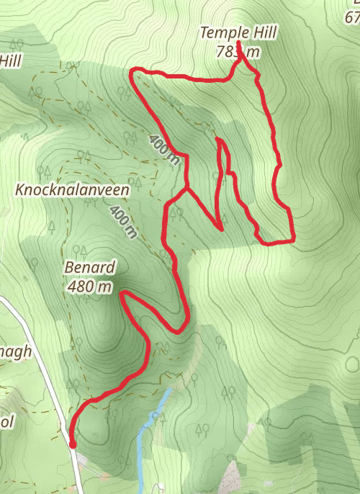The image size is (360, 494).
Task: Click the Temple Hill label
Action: [238, 32]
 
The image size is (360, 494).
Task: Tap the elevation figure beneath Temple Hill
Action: [237, 52]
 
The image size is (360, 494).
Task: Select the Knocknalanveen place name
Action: [72, 190]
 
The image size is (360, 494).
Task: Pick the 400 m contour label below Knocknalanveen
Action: [123, 220]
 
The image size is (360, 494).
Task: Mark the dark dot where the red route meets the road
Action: [73, 444]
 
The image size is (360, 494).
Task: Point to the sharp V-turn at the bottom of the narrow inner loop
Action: [220, 230]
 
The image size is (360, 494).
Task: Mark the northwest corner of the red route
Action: [132, 71]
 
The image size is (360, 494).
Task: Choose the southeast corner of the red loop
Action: [292, 239]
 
